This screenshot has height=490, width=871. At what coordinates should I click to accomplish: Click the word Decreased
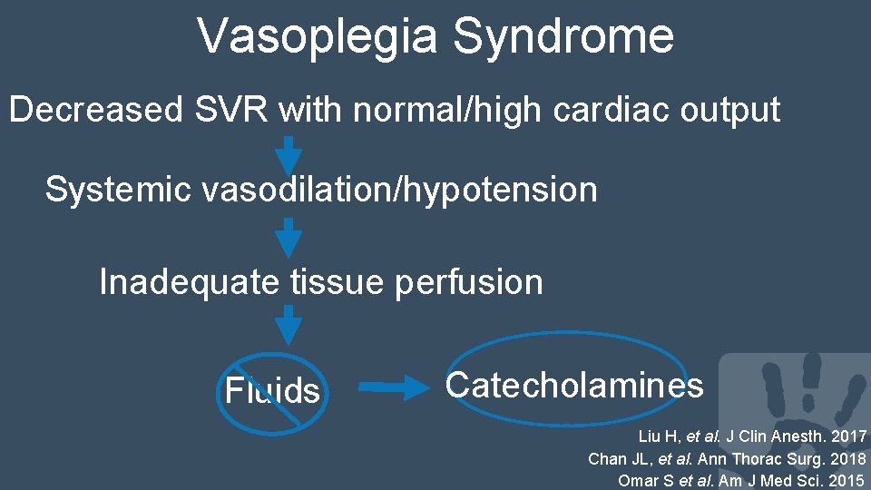pos(96,110)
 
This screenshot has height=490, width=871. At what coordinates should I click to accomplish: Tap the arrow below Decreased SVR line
pos(288,155)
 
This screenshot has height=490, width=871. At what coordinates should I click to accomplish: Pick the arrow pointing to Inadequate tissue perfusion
pos(288,237)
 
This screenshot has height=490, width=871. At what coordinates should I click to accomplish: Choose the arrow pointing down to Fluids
pos(288,325)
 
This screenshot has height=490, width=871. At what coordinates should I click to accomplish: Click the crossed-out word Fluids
pos(272,391)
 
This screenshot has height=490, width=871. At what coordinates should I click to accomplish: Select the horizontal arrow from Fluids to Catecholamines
pos(396,387)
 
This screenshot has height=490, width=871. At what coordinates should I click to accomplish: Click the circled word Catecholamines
pos(574,386)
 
